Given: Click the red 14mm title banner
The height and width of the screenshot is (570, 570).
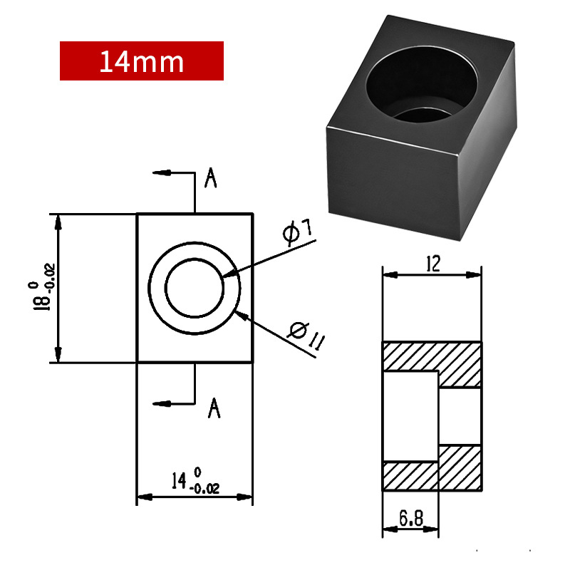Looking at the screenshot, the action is coord(141,61).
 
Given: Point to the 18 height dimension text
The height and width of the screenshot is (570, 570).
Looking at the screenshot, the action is coord(42,295).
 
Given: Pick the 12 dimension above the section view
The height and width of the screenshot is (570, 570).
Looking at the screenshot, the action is coord(433,264).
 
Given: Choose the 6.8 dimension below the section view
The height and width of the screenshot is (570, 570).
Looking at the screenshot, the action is coord(411,518).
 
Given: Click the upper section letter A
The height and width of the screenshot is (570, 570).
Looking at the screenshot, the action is coord(210,177).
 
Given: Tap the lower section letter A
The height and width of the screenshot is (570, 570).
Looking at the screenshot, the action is coord(214,408).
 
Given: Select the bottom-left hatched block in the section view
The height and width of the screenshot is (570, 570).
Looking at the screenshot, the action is coord(410,476).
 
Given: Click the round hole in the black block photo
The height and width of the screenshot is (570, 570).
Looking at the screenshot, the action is coord(422,84).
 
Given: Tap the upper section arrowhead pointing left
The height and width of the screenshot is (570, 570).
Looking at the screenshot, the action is coord(162,172).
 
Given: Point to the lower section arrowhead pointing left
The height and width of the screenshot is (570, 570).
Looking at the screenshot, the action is coord(162,403).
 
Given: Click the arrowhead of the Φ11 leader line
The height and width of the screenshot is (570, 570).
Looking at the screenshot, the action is coord(242,316).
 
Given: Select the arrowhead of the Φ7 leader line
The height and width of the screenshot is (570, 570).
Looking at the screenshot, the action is coord(229,274).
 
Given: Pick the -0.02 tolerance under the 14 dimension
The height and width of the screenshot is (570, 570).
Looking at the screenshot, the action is coord(204,489).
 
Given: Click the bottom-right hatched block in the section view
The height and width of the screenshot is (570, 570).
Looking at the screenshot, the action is coord(460,468).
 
